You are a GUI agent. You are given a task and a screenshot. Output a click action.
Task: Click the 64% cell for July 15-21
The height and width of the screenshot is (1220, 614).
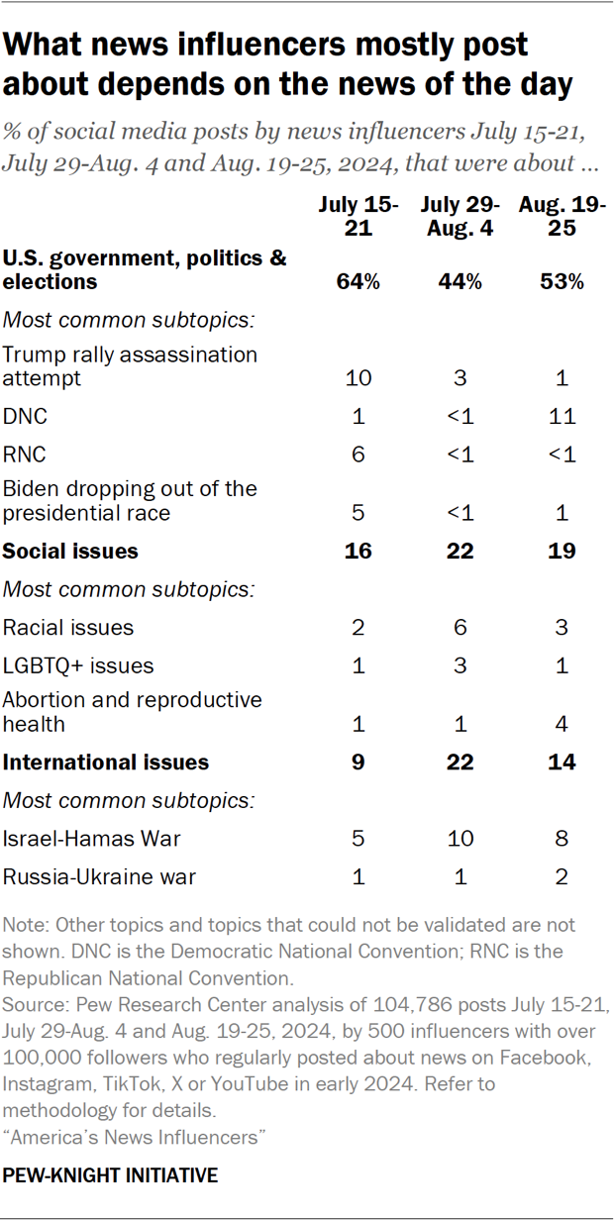click(358, 282)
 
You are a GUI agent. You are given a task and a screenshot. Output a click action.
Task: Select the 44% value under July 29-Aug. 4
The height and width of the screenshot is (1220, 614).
click(460, 282)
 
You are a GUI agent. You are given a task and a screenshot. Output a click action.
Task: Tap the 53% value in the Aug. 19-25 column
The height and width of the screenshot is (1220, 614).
click(563, 282)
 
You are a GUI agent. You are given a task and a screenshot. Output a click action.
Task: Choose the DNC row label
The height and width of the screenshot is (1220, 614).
click(24, 417)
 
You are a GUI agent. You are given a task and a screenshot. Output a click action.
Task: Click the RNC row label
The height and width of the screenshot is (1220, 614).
click(24, 454)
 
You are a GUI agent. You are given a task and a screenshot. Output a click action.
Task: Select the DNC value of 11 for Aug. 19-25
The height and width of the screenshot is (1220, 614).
click(563, 417)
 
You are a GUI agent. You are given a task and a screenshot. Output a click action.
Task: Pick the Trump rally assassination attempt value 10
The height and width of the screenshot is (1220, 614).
click(358, 379)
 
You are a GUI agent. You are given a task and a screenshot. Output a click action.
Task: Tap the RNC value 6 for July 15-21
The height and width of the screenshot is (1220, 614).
click(358, 454)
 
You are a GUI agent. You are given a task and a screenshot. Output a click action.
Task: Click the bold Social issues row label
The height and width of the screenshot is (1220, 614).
click(70, 551)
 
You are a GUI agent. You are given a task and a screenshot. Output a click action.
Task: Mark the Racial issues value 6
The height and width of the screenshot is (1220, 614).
click(460, 628)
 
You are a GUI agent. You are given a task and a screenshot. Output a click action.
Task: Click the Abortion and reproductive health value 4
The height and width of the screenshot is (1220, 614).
click(563, 725)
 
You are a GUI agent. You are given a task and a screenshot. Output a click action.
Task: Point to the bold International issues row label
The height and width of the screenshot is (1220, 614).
click(106, 762)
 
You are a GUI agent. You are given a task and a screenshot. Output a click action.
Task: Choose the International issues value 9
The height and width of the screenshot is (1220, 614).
click(358, 762)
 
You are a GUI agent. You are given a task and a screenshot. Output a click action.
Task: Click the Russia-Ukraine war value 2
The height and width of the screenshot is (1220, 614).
click(563, 876)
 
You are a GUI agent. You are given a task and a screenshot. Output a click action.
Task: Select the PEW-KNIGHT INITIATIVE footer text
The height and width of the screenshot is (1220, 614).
click(111, 1176)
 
